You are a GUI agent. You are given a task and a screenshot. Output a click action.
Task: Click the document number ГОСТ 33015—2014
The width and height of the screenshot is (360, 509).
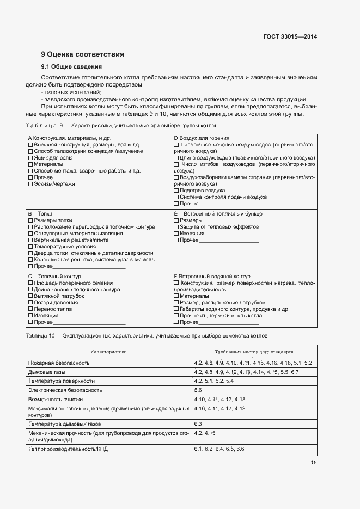[289, 37]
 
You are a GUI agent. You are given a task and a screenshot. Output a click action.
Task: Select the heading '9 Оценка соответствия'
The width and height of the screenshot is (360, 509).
[82, 54]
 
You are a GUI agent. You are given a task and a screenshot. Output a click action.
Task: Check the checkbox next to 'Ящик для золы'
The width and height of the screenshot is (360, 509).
[30, 157]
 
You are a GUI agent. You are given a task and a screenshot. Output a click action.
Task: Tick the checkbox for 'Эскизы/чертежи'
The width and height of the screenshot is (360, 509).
[30, 184]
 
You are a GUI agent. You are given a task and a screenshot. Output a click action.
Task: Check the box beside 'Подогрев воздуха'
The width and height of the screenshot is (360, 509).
[176, 191]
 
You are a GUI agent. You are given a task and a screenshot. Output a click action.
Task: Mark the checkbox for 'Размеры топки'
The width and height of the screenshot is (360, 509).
[30, 220]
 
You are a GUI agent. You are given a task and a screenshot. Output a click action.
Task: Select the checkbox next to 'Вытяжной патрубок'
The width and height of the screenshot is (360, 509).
[30, 296]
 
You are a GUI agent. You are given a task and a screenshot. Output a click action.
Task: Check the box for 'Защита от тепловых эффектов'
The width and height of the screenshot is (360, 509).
[176, 226]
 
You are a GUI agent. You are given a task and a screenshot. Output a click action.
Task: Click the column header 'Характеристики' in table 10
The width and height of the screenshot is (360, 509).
[108, 352]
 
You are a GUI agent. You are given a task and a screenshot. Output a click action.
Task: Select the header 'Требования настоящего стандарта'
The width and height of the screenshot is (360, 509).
[254, 352]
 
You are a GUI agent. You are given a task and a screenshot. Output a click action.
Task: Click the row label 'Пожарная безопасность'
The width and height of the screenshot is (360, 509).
[59, 363]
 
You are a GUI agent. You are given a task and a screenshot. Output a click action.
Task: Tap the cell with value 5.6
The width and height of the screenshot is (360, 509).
[198, 390]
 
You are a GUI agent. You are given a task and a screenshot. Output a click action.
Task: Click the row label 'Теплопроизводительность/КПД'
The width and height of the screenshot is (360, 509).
[67, 449]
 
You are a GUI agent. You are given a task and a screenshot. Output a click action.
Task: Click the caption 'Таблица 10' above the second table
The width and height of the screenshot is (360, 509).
[39, 335]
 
